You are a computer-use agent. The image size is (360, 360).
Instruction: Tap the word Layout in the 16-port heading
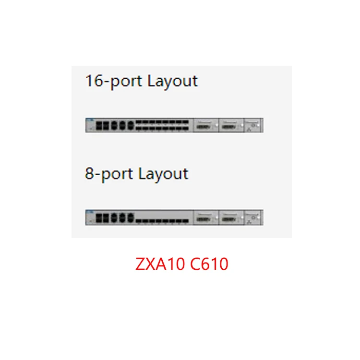coord(172,82)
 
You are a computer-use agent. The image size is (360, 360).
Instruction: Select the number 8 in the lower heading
coord(89,174)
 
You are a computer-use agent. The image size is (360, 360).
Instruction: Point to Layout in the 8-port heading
coord(163,175)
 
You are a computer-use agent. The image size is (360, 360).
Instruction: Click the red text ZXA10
coord(160,264)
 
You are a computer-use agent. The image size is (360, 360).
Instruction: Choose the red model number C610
coord(209,264)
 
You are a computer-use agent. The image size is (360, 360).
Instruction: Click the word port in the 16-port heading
coord(126,83)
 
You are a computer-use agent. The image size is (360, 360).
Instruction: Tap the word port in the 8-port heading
coord(117,175)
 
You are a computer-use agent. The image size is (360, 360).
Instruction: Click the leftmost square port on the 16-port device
coord(99,126)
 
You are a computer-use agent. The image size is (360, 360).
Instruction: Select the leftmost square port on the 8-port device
coord(99,218)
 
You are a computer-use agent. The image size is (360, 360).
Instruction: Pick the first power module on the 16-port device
coord(206,125)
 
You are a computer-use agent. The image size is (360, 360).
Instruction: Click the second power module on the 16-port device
coord(231,125)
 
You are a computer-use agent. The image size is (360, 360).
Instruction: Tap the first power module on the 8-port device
coord(206,217)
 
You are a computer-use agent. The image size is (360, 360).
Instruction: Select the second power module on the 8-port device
coord(231,217)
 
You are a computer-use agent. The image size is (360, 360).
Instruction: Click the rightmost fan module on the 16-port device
coord(253,125)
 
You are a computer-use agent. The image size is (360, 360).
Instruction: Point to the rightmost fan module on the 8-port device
coord(253,217)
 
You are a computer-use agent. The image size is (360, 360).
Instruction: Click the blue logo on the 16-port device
coord(90,120)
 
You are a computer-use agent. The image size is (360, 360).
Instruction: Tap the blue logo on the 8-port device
coord(90,212)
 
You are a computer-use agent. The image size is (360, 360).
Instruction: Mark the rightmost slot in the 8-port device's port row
coord(185,221)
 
